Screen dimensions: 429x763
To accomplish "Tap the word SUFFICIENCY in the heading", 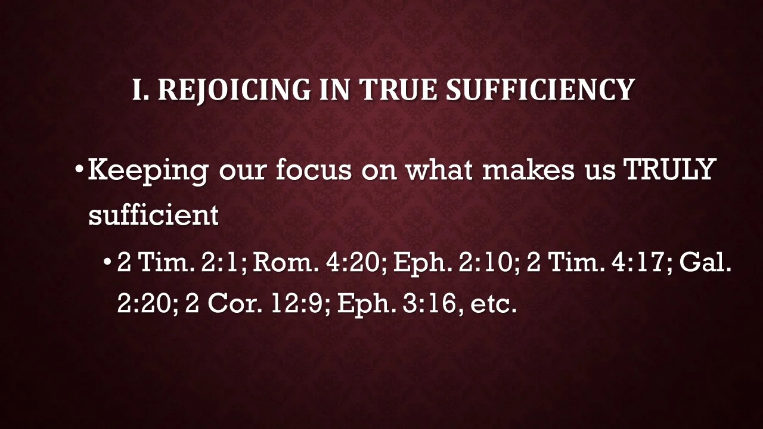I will click(x=540, y=90).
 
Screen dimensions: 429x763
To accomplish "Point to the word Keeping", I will click(x=148, y=171).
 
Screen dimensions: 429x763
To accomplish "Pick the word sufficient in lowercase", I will click(x=153, y=214).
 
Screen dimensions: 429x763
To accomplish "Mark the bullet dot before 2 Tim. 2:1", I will click(x=108, y=263).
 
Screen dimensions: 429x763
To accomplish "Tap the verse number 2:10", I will click(x=488, y=263).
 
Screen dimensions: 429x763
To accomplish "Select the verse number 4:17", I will click(x=641, y=263).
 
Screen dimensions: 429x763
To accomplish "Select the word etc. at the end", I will click(x=493, y=304).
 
